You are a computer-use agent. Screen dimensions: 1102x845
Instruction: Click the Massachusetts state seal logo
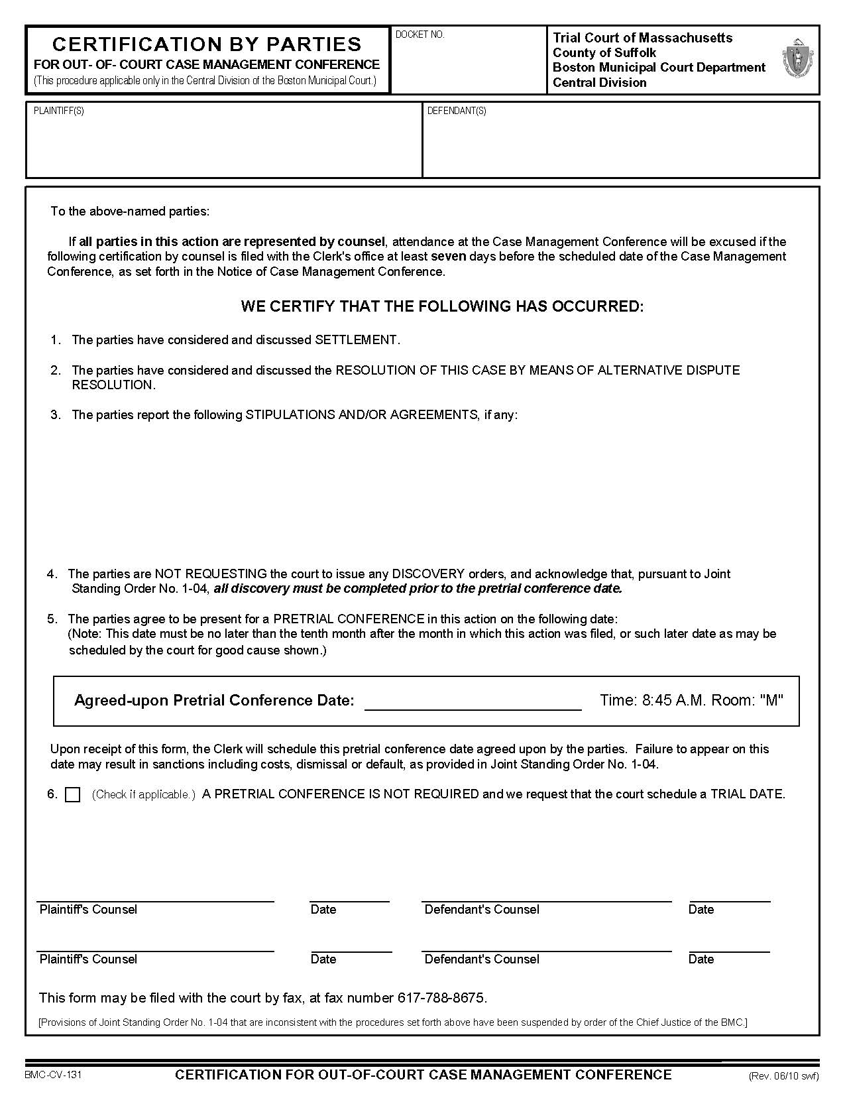point(797,59)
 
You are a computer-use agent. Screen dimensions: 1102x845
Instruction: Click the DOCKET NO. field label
point(420,34)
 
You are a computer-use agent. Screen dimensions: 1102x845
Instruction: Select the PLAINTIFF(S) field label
point(59,111)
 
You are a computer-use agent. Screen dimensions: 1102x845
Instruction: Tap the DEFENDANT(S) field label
point(457,111)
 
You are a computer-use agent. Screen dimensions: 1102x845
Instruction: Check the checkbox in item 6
point(73,795)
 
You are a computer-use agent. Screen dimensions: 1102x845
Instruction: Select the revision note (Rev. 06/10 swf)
point(783,1076)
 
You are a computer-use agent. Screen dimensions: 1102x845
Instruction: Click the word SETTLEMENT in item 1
point(356,340)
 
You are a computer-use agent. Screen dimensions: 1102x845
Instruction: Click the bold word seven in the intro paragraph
point(449,257)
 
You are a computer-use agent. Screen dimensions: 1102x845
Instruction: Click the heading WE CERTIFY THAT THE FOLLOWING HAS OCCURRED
point(442,306)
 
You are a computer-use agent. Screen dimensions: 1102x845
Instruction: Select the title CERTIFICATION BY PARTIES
point(207,44)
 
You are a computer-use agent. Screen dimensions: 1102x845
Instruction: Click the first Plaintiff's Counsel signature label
point(88,910)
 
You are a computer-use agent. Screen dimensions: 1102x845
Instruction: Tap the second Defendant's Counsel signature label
point(482,959)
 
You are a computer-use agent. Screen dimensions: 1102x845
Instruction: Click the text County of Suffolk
point(604,53)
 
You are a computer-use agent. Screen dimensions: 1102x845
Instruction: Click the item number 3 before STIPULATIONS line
point(56,415)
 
